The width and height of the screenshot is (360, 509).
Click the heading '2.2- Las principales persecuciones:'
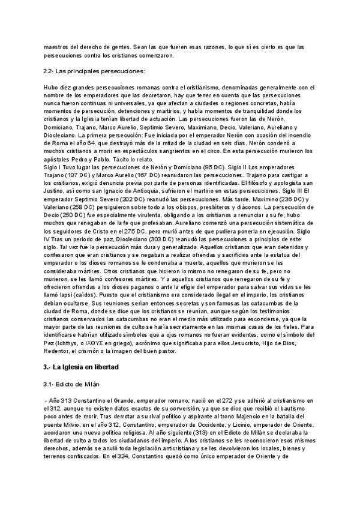(x=95, y=71)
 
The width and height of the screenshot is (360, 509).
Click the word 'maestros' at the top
(x=58, y=47)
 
